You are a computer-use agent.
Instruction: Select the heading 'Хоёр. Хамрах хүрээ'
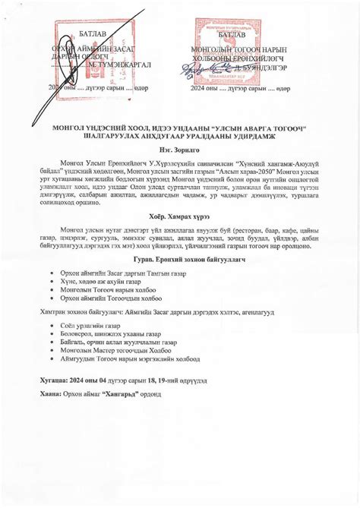click(179, 213)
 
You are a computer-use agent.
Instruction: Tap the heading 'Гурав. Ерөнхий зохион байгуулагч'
click(179, 260)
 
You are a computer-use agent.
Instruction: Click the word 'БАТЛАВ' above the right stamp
click(232, 35)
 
